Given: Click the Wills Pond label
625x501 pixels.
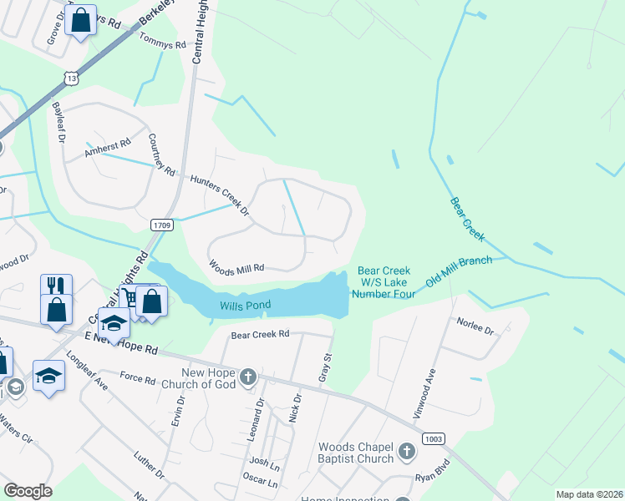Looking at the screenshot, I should click(245, 306).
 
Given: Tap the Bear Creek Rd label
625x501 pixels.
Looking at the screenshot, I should click(260, 334).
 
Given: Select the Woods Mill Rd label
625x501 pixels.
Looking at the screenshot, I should click(236, 267).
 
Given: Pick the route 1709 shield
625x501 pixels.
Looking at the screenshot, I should click(162, 225).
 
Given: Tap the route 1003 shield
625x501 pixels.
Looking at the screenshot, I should click(434, 438).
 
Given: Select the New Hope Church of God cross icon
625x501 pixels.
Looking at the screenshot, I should click(247, 378).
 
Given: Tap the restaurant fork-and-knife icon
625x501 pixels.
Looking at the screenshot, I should click(56, 285).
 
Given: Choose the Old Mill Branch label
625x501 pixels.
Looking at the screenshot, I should click(458, 271).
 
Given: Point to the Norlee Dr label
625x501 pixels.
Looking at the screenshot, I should click(475, 326).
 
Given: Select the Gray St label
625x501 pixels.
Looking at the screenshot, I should click(324, 368).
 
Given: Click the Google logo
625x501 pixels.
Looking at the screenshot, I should click(28, 491).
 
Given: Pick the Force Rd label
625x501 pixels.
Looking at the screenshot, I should click(138, 380).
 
